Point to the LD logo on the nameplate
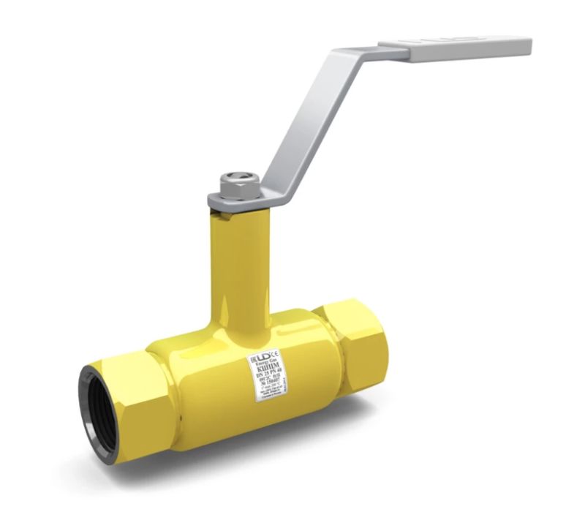pyautogui.click(x=261, y=358)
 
